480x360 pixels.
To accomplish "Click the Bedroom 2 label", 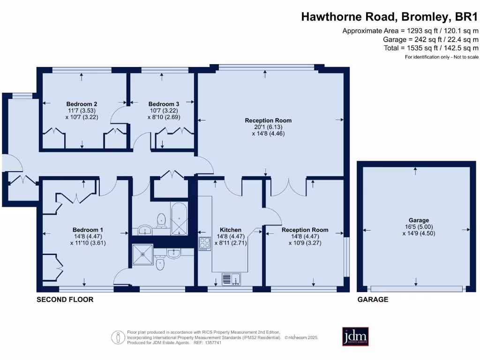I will [x=82, y=104].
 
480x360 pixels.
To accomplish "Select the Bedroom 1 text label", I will [x=88, y=230].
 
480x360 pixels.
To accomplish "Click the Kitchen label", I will [x=231, y=230].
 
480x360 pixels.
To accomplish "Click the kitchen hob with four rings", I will [x=205, y=243].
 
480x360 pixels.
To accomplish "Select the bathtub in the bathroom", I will [x=180, y=219].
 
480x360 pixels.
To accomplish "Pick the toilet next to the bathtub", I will [x=162, y=219].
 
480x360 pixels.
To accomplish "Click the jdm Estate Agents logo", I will [x=355, y=336].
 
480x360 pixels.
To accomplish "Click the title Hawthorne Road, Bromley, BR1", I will [x=390, y=17].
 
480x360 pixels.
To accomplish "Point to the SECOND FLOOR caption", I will [x=65, y=300].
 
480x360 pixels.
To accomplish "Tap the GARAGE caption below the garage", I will [x=373, y=300].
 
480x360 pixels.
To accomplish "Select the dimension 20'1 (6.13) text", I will [x=268, y=127].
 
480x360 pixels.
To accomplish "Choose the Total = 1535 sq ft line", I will [x=430, y=48].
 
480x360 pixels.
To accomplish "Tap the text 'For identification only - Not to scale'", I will [x=442, y=57].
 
